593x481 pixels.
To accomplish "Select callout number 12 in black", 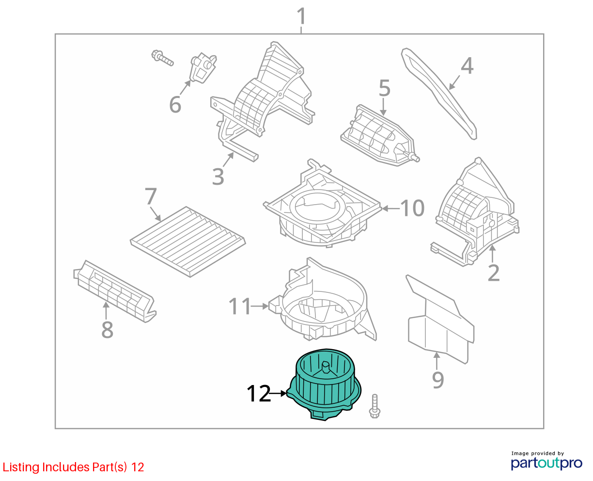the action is (x=259, y=394).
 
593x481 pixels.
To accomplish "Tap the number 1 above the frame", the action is (x=301, y=16).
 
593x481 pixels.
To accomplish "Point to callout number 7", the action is (x=151, y=196).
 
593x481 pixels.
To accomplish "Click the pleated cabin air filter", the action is (x=188, y=241).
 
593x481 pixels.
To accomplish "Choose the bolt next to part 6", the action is (x=162, y=58).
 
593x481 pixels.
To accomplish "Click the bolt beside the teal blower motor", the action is (x=375, y=406).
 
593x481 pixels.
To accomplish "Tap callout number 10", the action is (x=412, y=208).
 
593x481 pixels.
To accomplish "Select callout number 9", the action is (x=438, y=380).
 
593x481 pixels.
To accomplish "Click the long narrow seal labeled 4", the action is (x=439, y=94).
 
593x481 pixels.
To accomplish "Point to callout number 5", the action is (x=385, y=88).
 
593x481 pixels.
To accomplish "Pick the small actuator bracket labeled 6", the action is (x=203, y=68).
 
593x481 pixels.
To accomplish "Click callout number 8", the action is (x=107, y=330).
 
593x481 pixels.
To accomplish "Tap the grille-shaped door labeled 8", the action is (x=115, y=291).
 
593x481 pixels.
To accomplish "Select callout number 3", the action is (x=218, y=176).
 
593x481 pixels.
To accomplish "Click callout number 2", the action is (x=494, y=273).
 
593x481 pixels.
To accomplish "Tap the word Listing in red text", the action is (x=21, y=467).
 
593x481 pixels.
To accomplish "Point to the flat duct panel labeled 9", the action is (x=441, y=319).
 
